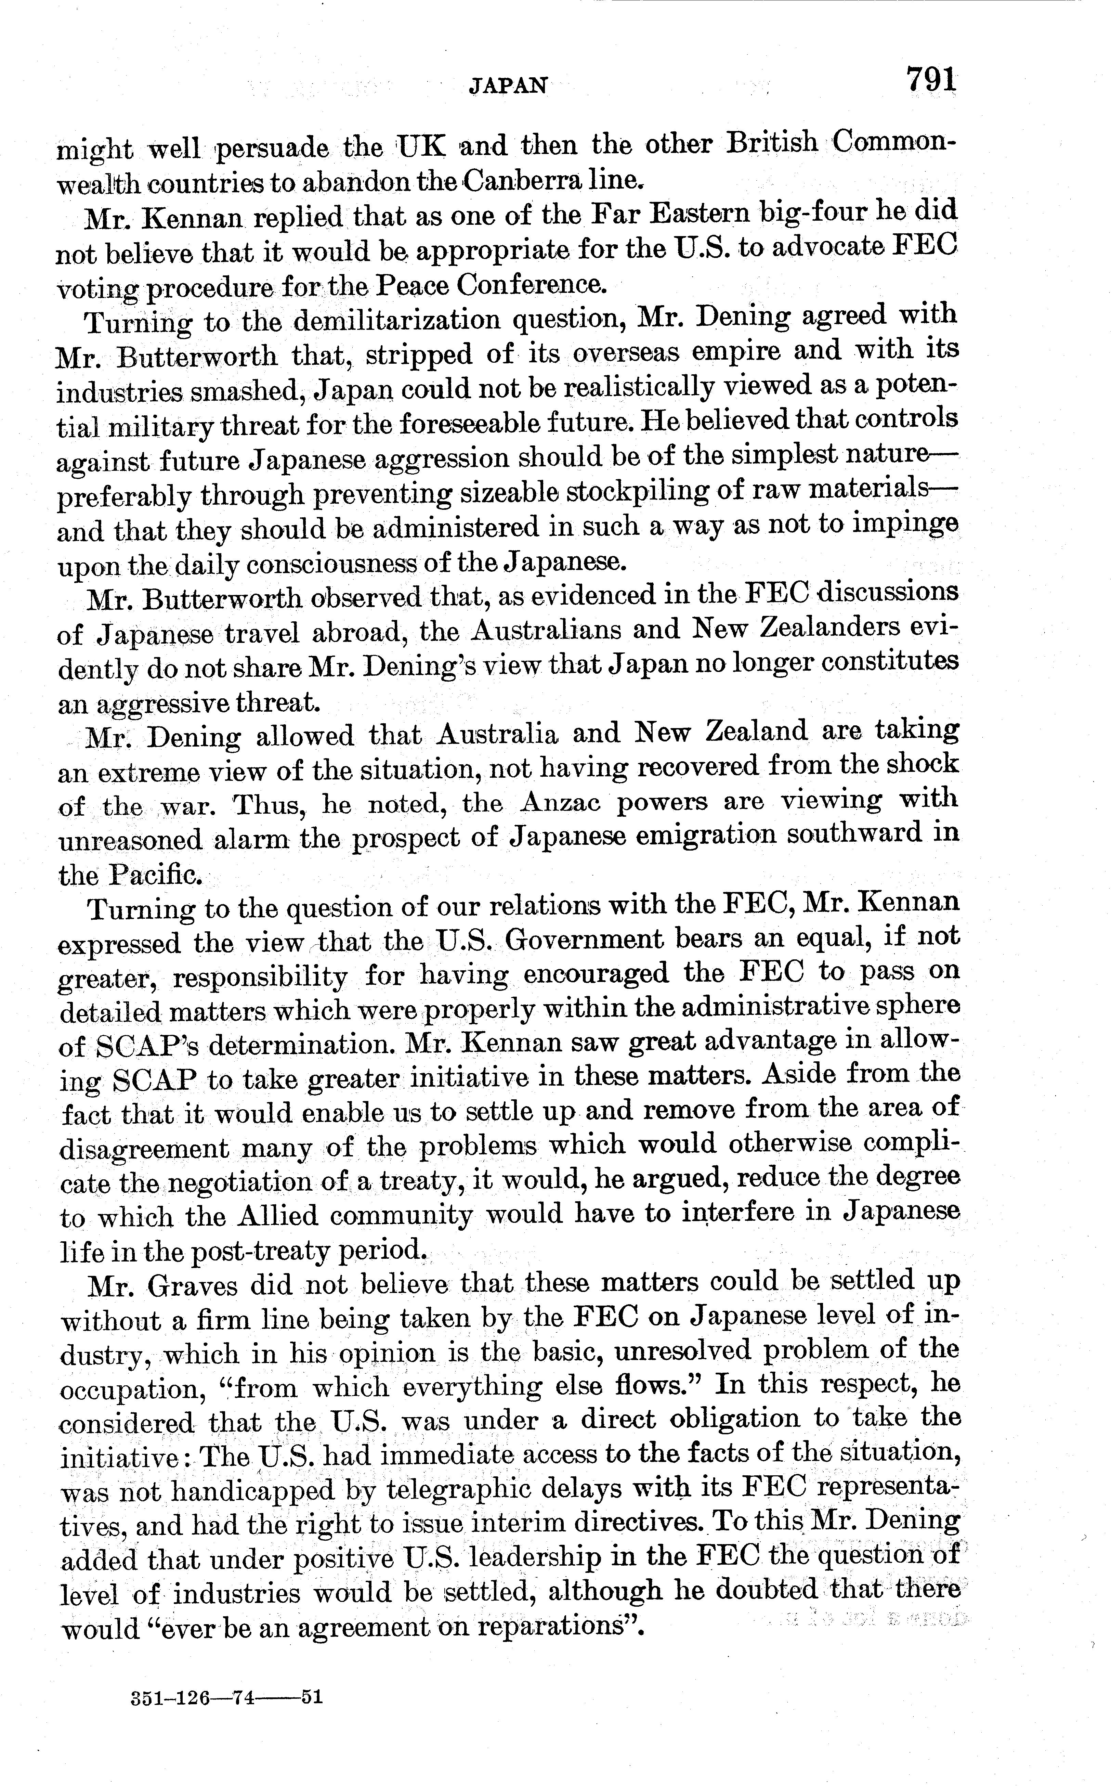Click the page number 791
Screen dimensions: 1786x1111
point(931,79)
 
